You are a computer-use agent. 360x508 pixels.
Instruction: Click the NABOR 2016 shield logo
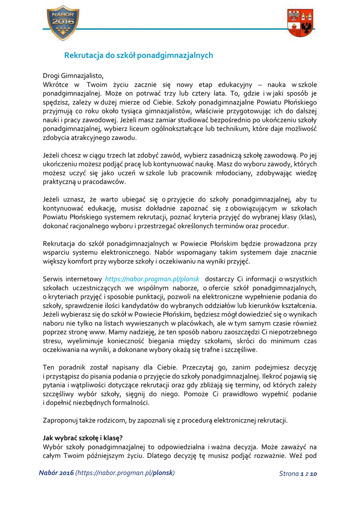tap(63, 23)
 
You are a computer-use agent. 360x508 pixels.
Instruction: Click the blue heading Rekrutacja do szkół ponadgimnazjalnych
tap(139, 56)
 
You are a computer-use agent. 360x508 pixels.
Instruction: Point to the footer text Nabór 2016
tap(56, 473)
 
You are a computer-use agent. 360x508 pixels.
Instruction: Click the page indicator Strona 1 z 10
tap(298, 474)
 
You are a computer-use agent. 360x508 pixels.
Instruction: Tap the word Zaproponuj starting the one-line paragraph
tap(62, 420)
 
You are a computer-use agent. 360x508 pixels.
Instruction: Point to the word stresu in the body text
tap(52, 341)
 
